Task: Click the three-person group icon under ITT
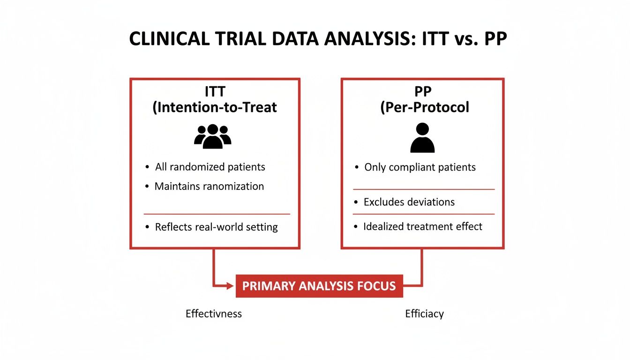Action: [x=213, y=136]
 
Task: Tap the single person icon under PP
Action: [x=422, y=138]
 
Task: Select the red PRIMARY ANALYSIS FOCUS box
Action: [x=319, y=286]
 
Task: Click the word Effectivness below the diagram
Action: [x=214, y=314]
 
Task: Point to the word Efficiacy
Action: [x=424, y=314]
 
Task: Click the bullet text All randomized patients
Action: [x=210, y=167]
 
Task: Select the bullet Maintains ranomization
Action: [x=209, y=186]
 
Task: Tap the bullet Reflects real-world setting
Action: [x=216, y=227]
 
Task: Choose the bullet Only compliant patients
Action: [x=420, y=167]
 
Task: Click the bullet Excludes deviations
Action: [x=409, y=202]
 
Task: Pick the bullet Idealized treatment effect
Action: [x=423, y=226]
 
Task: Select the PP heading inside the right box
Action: [x=423, y=91]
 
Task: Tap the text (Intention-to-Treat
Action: [x=215, y=107]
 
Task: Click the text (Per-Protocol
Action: [x=424, y=107]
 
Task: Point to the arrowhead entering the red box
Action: [x=231, y=285]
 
